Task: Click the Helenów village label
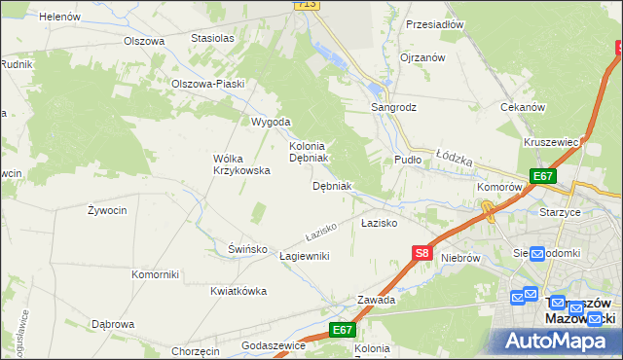60,17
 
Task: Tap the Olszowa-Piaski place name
206,83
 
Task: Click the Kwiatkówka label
238,291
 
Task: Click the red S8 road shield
421,253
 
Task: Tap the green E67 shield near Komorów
543,176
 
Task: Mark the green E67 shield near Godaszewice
342,331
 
